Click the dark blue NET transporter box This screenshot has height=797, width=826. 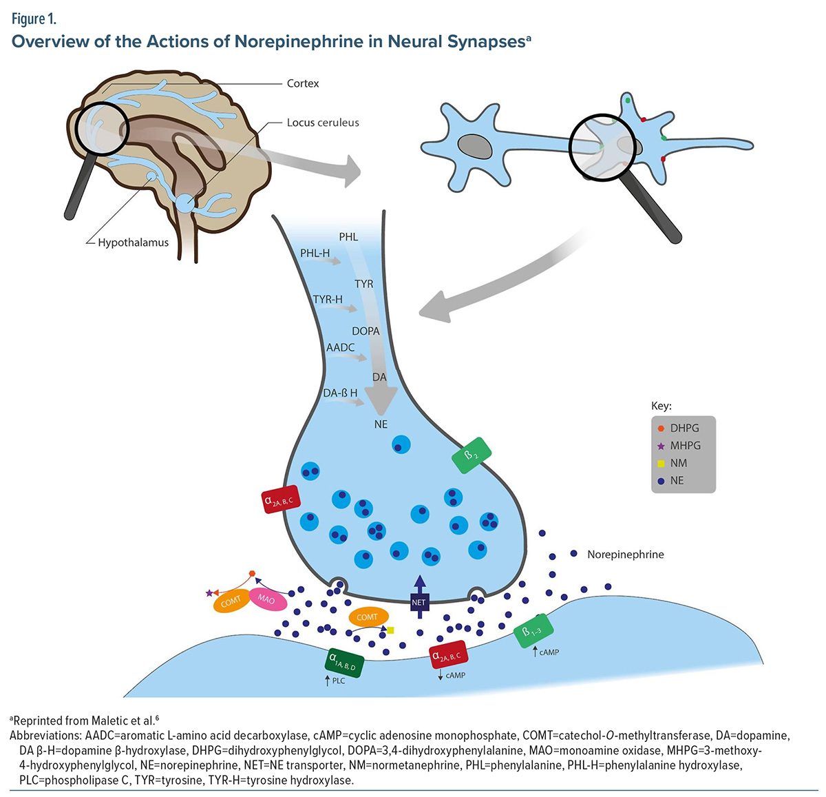(x=419, y=602)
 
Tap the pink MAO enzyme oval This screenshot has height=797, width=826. (x=266, y=599)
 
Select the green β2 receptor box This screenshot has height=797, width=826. (x=472, y=456)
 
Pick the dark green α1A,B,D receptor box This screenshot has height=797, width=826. (x=344, y=662)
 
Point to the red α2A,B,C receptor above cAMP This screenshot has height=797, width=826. (x=448, y=655)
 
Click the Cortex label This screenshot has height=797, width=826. (x=303, y=83)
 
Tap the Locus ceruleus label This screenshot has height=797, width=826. (x=323, y=123)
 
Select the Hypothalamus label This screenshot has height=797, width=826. (x=133, y=242)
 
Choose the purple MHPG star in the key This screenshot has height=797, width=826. (x=661, y=446)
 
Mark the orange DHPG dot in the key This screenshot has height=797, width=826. (x=661, y=428)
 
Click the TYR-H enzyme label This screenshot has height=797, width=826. (x=328, y=300)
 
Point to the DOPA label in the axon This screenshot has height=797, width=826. (x=366, y=331)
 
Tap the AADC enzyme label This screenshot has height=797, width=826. (x=340, y=347)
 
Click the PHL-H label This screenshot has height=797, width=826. (x=315, y=253)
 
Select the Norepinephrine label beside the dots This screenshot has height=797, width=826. (x=625, y=554)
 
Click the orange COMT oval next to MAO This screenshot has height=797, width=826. (x=231, y=601)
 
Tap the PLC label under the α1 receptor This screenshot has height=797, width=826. (x=338, y=681)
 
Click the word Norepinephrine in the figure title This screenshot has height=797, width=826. (x=299, y=41)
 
